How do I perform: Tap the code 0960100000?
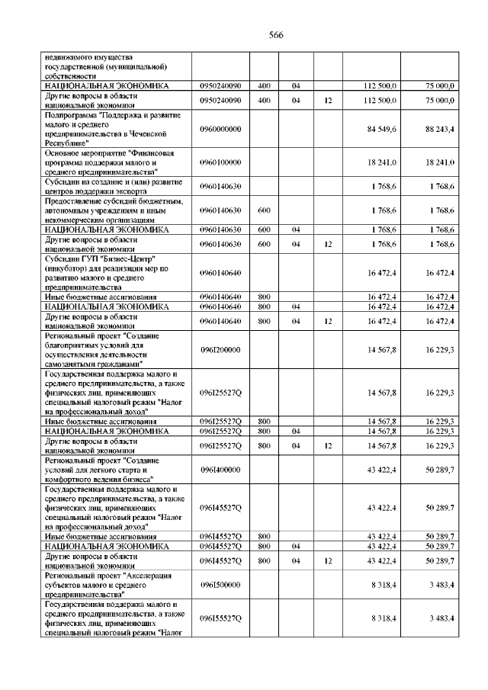click(220, 162)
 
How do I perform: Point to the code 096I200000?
click(220, 349)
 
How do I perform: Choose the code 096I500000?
click(220, 584)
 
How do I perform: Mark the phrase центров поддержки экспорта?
click(91, 191)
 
